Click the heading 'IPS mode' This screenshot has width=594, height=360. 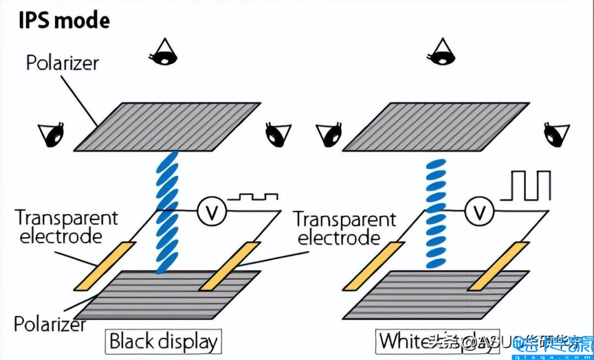click(64, 20)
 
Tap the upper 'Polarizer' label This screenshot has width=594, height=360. click(62, 63)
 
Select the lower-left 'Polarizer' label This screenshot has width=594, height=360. click(50, 324)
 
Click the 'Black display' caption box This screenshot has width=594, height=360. click(163, 341)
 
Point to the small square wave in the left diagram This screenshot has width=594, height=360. click(253, 196)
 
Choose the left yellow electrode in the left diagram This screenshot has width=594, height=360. click(105, 265)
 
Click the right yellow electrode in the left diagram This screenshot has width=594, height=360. click(229, 266)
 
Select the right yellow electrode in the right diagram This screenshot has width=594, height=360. click(498, 266)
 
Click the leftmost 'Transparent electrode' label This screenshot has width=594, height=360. click(66, 227)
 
